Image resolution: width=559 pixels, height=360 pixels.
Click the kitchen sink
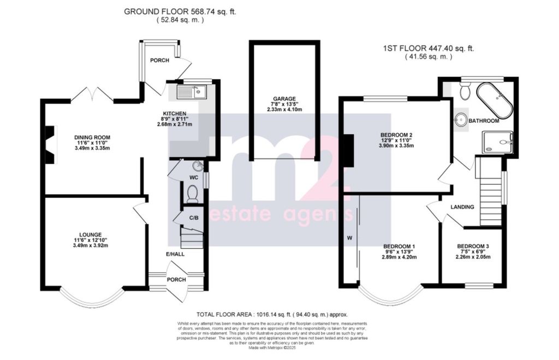tap(191, 92)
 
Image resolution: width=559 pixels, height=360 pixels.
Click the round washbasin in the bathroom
tap(461, 119)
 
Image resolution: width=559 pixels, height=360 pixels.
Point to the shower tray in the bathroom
tap(497, 142)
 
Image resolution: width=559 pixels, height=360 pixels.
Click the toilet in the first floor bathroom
tap(465, 92)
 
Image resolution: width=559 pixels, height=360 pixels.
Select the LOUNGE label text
tap(90, 235)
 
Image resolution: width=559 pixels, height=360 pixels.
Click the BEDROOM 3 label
tap(473, 247)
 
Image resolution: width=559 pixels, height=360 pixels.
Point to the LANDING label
tap(462, 207)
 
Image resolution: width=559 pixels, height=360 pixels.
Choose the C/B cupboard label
tap(194, 217)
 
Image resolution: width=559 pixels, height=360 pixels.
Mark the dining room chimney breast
tap(50, 145)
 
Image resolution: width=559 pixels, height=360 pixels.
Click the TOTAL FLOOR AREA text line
tap(272, 315)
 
